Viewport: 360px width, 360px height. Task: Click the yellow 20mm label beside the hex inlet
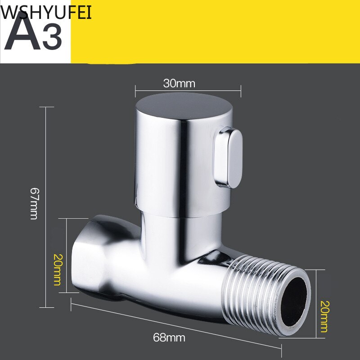58,270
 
